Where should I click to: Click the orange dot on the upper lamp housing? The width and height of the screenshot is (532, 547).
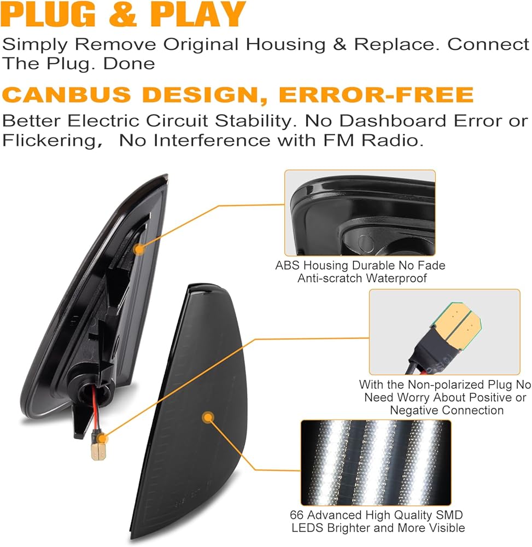click(x=139, y=249)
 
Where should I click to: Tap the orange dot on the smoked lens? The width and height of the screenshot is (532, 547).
click(x=208, y=417)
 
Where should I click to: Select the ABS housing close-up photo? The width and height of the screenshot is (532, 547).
click(x=360, y=213)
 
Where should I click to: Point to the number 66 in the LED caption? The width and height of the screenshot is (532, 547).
click(x=297, y=515)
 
